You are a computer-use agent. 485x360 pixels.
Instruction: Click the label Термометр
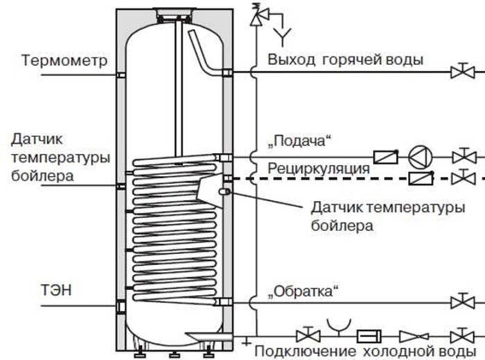pos(64,60)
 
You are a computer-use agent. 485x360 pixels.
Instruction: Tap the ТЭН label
pos(56,290)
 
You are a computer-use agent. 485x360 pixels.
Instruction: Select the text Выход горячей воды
pos(345,60)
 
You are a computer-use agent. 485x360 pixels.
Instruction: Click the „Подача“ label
pos(299,141)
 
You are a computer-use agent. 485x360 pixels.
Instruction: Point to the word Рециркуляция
pos(319,169)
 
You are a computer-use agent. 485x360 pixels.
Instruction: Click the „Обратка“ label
pos(303,291)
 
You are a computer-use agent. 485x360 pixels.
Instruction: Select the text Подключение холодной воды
pos(365,352)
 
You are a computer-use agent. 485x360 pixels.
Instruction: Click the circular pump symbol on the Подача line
pos(420,157)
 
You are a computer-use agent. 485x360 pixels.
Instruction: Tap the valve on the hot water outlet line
pos(463,71)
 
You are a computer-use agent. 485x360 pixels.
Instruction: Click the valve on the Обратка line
pos(463,301)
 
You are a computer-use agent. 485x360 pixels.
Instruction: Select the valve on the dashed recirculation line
pos(464,178)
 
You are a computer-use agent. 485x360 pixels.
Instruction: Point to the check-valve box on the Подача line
pos(386,156)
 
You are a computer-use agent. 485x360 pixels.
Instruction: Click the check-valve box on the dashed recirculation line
pos(421,178)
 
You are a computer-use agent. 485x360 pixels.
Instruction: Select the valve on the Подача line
pos(464,156)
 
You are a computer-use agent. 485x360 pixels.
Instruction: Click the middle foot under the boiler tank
pos(174,354)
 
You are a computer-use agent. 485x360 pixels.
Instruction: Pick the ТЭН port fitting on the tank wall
pos(121,307)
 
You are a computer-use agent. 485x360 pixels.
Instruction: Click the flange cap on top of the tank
pos(174,13)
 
